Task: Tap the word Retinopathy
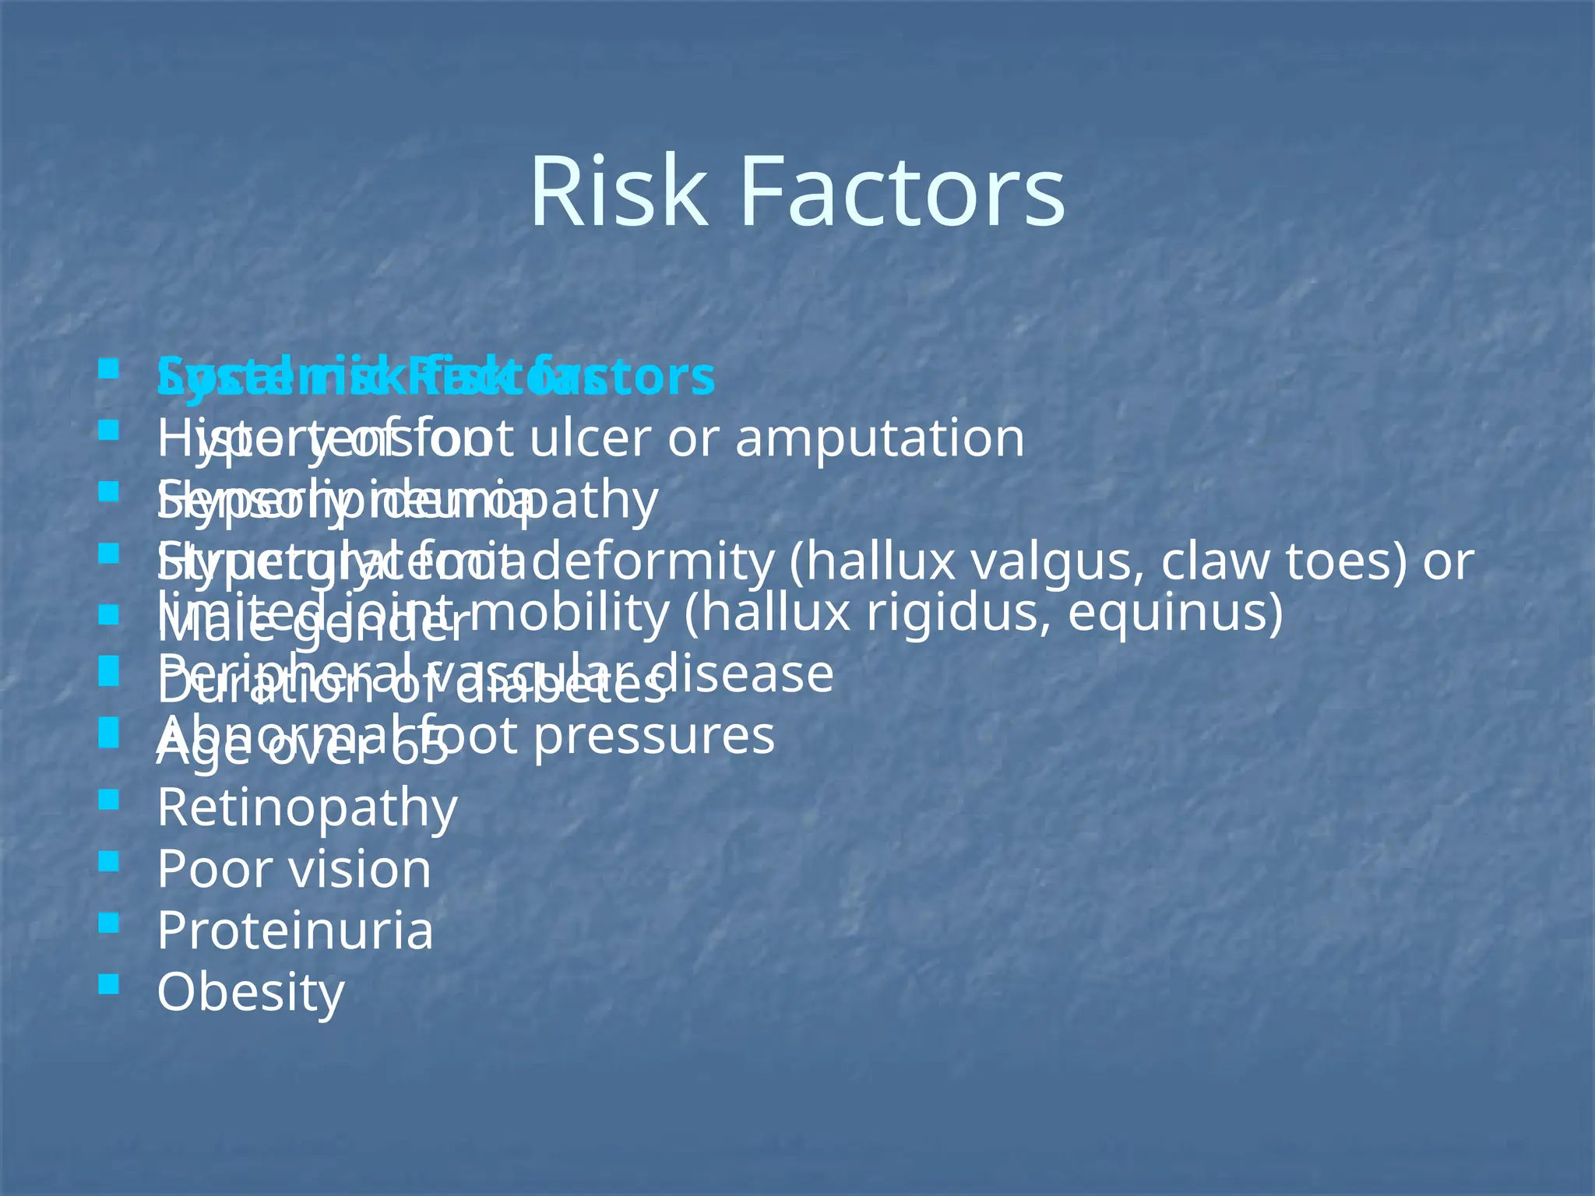(307, 808)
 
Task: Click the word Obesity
(250, 992)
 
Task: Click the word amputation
(879, 438)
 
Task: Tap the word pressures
(654, 736)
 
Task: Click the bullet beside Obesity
(109, 986)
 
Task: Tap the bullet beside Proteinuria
(109, 923)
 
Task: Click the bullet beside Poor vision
(109, 861)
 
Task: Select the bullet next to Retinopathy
(109, 800)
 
